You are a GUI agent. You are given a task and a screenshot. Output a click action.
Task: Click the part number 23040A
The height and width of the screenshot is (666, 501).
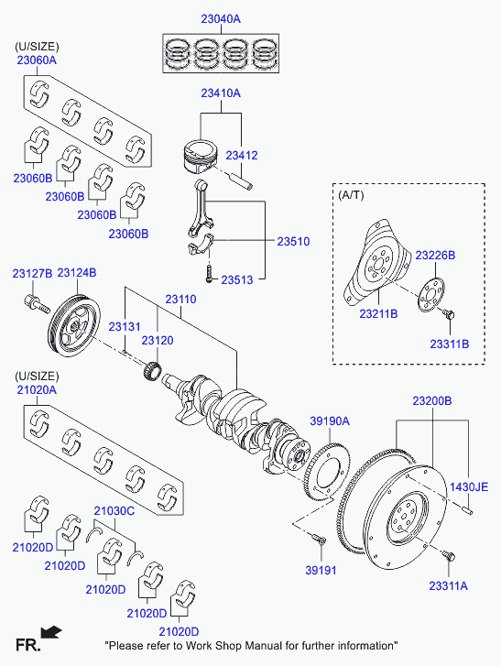[x=221, y=19]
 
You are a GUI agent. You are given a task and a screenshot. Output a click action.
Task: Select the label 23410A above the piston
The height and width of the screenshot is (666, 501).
[x=221, y=93]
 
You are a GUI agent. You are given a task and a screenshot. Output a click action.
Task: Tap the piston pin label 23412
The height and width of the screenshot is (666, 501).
[x=242, y=156]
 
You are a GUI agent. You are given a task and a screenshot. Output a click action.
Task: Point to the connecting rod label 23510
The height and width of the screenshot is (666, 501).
[x=293, y=241]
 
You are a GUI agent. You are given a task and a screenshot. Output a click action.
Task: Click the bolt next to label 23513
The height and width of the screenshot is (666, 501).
[x=209, y=273]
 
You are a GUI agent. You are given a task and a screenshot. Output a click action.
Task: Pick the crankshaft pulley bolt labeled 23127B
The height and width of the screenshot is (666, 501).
[x=37, y=304]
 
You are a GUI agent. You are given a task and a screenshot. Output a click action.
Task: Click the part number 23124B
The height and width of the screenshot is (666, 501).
[x=77, y=273]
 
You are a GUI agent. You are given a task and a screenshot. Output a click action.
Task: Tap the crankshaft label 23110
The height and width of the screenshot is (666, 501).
[x=180, y=299]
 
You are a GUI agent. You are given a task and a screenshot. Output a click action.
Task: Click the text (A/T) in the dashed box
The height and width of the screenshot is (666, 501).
[x=351, y=195]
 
